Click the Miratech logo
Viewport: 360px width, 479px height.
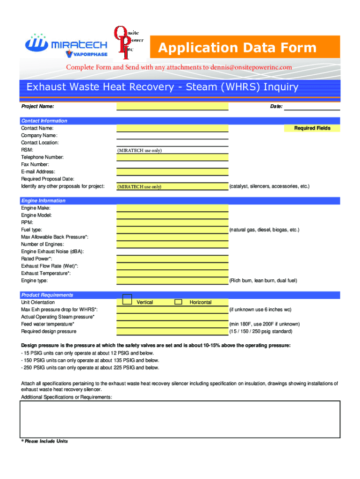coord(66,45)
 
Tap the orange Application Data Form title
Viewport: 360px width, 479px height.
coord(237,48)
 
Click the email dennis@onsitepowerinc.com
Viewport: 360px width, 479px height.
coord(251,67)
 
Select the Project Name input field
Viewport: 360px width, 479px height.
coord(172,107)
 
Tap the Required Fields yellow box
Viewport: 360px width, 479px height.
coord(312,128)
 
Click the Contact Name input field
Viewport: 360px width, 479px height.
coord(172,128)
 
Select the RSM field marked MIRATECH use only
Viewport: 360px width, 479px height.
coord(172,150)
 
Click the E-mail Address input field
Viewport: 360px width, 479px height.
coord(172,172)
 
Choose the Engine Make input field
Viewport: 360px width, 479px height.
coord(172,208)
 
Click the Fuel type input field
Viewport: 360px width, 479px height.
coord(172,230)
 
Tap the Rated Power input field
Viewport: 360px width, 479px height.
coord(172,259)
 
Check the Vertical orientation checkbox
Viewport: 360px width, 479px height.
coord(127,301)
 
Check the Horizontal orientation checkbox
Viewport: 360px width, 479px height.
coord(178,302)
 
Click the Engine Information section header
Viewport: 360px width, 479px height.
coord(43,201)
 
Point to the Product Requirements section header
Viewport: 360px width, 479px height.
coord(47,295)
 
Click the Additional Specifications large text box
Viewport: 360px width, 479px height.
coord(180,419)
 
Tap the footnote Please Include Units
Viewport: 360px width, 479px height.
coord(44,441)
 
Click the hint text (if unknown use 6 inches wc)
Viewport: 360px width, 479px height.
coord(260,310)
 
